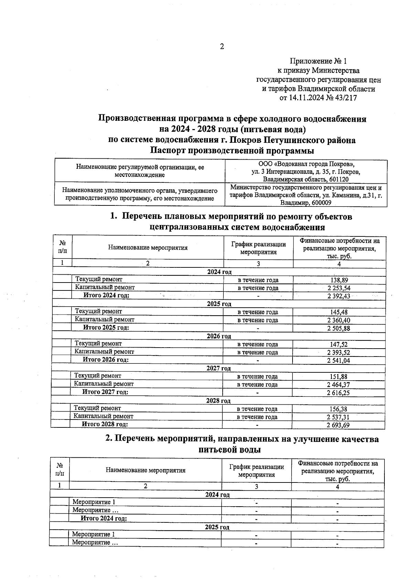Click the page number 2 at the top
click(x=222, y=47)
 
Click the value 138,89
click(x=339, y=280)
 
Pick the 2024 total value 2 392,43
click(x=338, y=296)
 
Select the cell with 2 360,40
click(x=339, y=320)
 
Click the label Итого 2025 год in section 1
click(x=106, y=328)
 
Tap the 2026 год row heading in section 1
click(x=219, y=336)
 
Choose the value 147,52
click(x=339, y=344)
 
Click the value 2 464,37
click(x=338, y=385)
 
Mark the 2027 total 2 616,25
click(x=338, y=393)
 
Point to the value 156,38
click(x=338, y=409)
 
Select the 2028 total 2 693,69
click(x=338, y=425)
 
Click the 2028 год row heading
click(x=218, y=401)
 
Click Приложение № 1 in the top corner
click(x=318, y=61)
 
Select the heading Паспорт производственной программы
click(x=232, y=151)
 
